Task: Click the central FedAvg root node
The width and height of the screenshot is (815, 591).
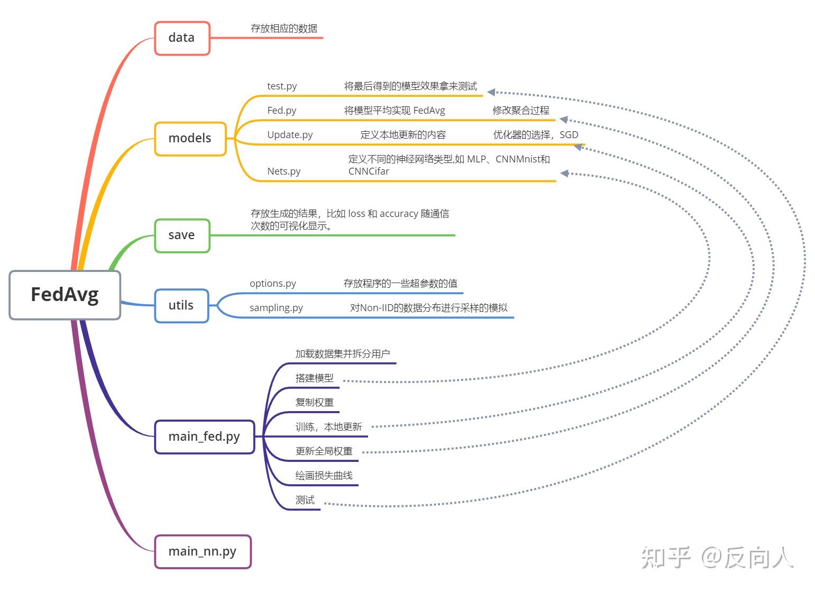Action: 65,295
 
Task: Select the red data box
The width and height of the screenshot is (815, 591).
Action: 182,38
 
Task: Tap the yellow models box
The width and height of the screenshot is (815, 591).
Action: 190,139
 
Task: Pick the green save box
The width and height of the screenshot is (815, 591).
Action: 182,235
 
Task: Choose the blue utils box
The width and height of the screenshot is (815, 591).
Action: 181,306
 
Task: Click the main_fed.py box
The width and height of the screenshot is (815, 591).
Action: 204,437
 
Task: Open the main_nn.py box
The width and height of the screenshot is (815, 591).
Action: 203,552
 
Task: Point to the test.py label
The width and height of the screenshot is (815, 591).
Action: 282,86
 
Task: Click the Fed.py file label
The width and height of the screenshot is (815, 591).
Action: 282,111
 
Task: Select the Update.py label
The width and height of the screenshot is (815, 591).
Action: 290,135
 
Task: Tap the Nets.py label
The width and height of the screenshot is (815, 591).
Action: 284,171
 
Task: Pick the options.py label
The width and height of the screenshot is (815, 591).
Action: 273,284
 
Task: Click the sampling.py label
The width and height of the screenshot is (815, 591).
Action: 276,308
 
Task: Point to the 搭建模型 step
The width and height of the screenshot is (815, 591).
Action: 315,378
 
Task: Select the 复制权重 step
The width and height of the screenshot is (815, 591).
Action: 315,403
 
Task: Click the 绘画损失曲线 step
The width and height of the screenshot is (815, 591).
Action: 324,476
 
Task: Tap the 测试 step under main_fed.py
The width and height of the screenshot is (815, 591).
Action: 305,500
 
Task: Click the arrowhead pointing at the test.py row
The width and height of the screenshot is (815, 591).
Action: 491,92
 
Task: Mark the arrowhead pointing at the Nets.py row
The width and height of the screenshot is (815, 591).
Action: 564,173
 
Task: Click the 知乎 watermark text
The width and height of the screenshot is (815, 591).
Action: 666,557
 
